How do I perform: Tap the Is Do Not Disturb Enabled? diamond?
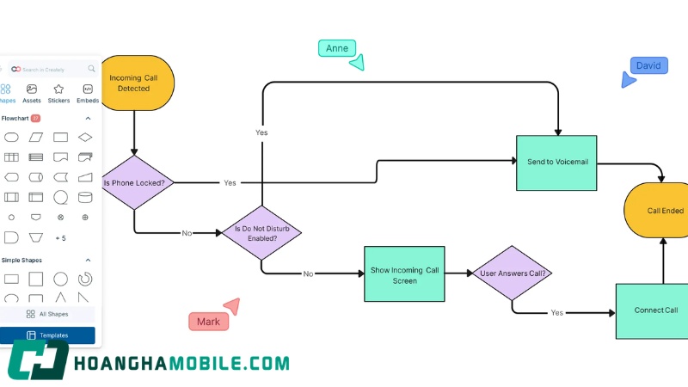click(x=262, y=233)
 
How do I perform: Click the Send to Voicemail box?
click(x=556, y=163)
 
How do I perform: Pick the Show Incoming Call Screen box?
click(x=404, y=273)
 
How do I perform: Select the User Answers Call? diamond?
click(x=512, y=273)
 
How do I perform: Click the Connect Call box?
click(x=652, y=311)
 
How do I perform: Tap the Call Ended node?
click(x=656, y=210)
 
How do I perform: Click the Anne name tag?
click(x=337, y=48)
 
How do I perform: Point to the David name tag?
click(x=649, y=66)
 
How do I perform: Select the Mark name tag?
click(x=208, y=322)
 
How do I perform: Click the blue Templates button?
click(x=47, y=335)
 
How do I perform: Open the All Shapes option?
click(x=47, y=314)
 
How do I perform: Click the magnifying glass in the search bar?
click(x=91, y=69)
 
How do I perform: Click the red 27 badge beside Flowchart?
click(x=35, y=118)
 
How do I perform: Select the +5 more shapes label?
click(x=60, y=238)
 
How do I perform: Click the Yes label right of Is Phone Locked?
click(x=230, y=183)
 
